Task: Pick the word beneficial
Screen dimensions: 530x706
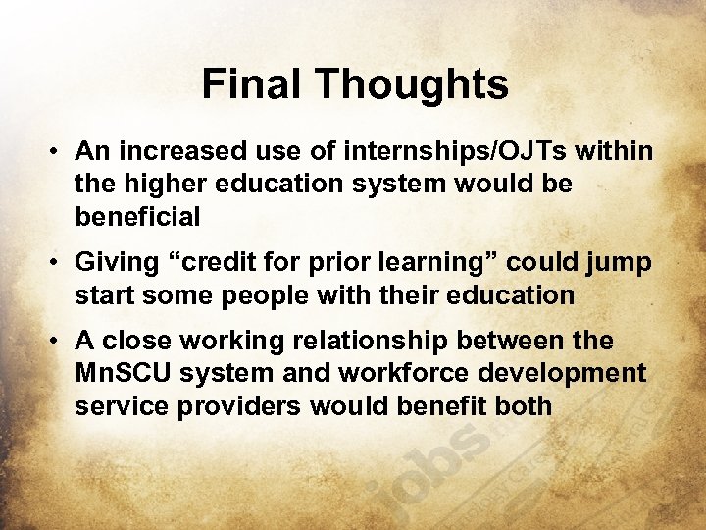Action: (x=137, y=216)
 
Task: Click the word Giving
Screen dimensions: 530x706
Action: (x=117, y=262)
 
